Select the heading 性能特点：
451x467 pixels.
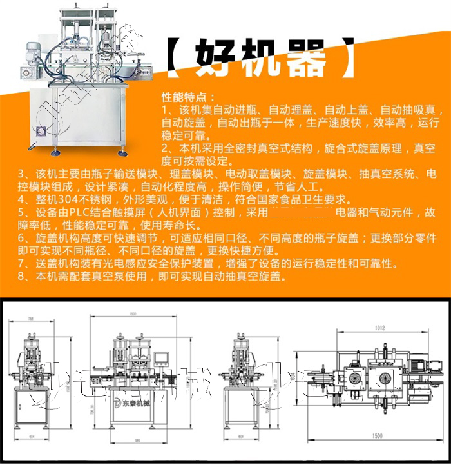[x=184, y=97]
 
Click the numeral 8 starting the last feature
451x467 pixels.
[x=21, y=276]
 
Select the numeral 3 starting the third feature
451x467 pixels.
[x=21, y=174]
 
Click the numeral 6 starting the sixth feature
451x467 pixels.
[x=21, y=238]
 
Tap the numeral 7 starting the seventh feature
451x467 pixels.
[x=21, y=263]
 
